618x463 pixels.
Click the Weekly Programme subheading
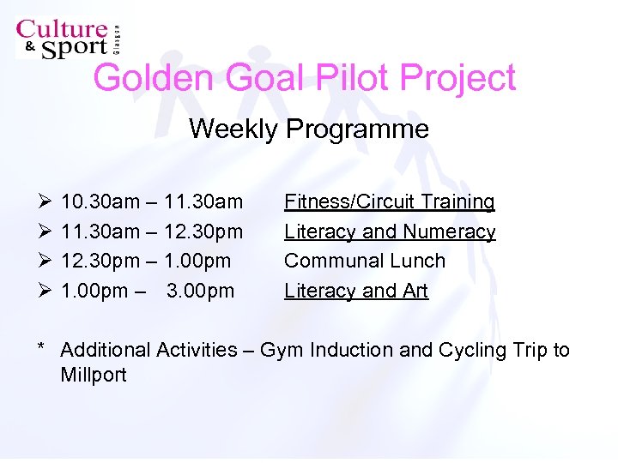coord(308,129)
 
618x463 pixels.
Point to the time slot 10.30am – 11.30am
coord(152,202)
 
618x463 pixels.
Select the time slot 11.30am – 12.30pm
coord(152,232)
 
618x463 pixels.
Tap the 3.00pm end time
coord(200,292)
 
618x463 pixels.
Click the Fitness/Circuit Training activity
coord(389,202)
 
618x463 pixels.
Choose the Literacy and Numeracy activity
coord(390,232)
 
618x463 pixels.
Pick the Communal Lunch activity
coord(365,262)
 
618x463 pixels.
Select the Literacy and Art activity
coord(355,292)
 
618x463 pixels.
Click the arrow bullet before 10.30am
coord(45,202)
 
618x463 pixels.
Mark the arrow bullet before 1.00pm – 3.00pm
coord(45,292)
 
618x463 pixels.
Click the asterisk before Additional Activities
coord(40,348)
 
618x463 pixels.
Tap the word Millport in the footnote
coord(94,376)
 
